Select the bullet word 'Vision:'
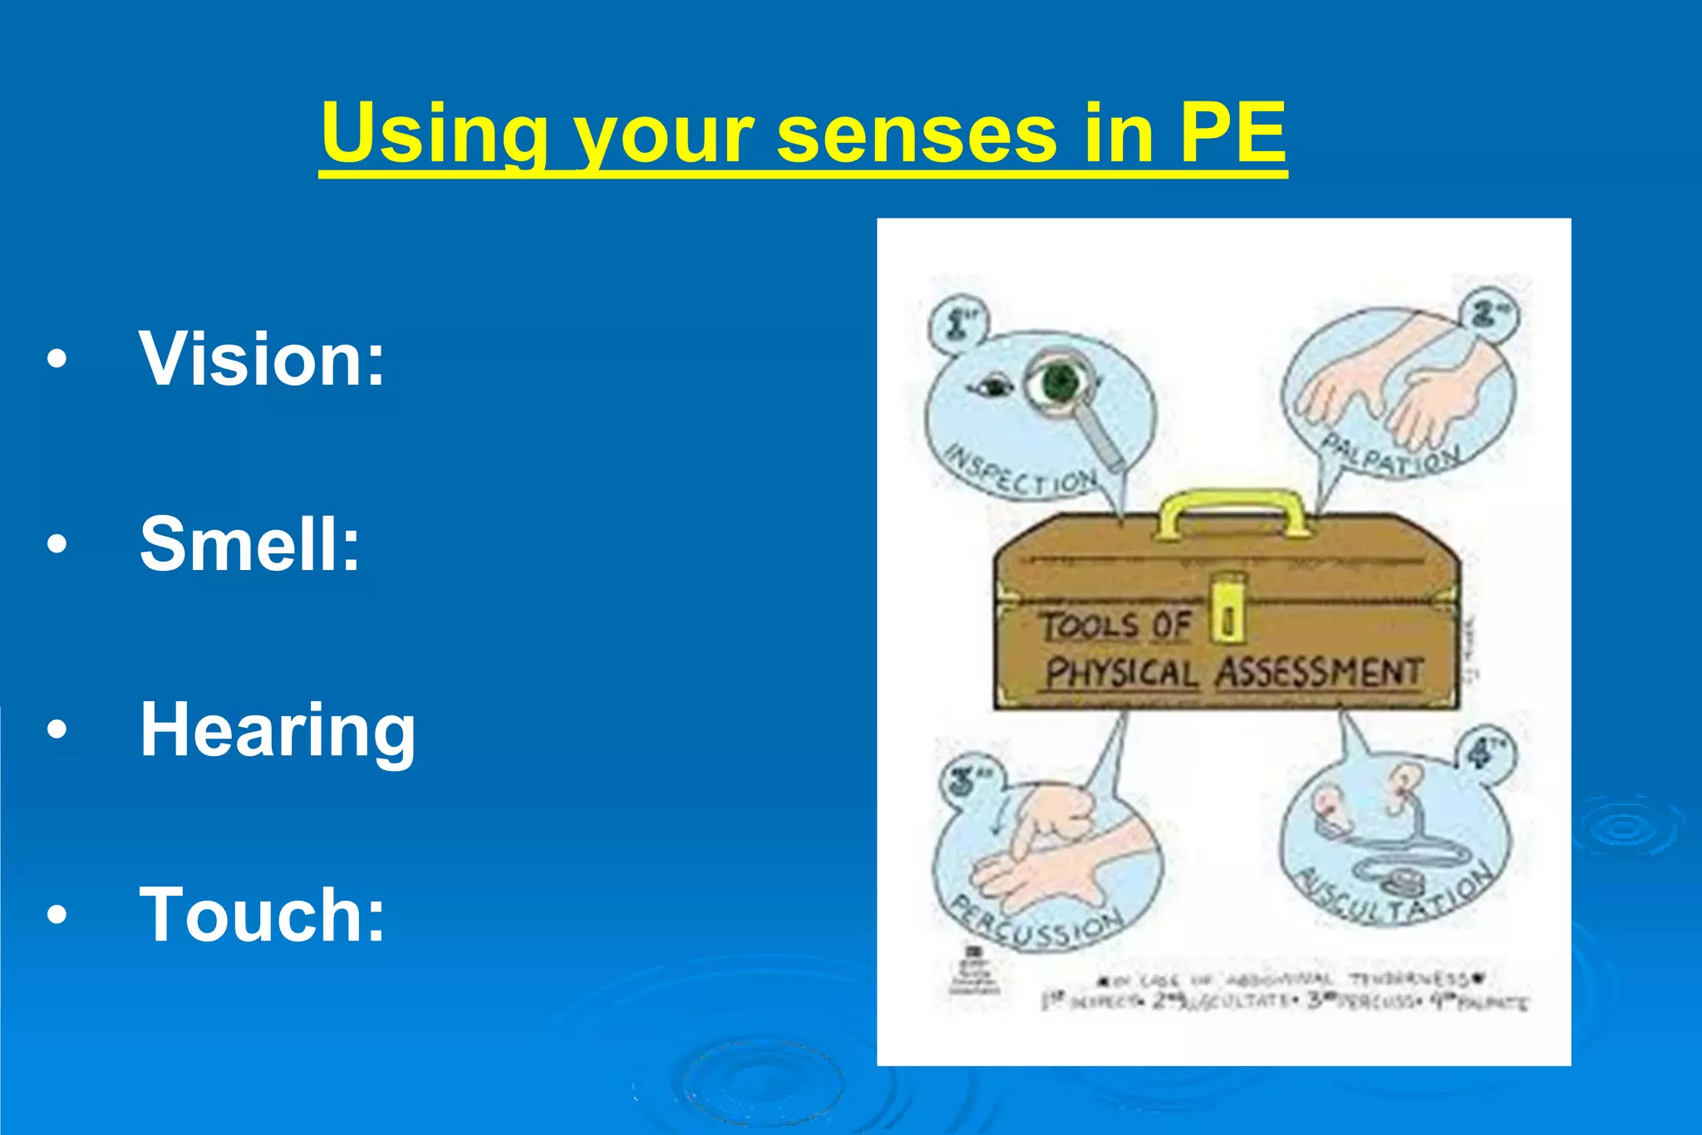point(263,359)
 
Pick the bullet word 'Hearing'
point(278,731)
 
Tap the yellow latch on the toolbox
point(1227,607)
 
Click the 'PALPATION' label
point(1390,455)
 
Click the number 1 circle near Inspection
point(957,322)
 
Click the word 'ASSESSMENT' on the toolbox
point(1320,672)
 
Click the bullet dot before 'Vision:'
point(57,360)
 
